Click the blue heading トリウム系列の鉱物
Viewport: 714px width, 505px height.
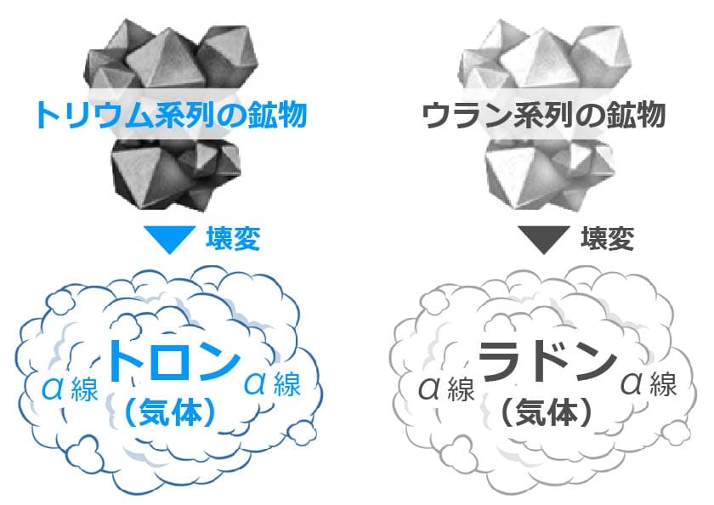170,115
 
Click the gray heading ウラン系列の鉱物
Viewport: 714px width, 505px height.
544,115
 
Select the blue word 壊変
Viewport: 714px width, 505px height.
232,239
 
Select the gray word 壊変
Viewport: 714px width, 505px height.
607,239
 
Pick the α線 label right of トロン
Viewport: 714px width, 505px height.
272,384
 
